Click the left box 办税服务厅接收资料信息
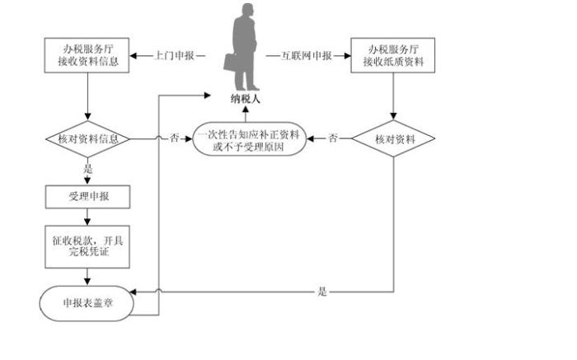(87, 56)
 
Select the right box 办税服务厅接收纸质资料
(393, 56)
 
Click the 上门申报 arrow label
(175, 56)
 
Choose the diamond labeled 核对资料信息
(87, 139)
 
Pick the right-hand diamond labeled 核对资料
(393, 139)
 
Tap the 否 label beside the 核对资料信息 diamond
(174, 139)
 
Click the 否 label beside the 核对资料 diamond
(331, 139)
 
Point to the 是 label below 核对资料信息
(87, 169)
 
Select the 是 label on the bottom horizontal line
(322, 292)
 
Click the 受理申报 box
(87, 197)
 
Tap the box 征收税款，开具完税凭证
(87, 245)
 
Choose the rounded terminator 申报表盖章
(87, 302)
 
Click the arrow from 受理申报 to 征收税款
(87, 217)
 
